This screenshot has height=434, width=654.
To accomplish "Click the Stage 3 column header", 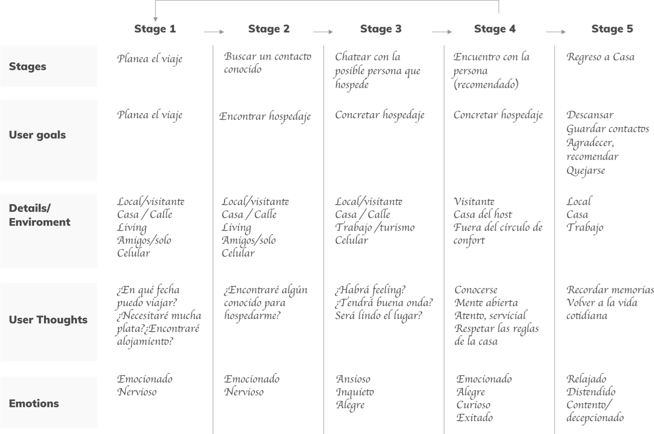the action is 381,29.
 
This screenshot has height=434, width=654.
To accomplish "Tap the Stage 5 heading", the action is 612,29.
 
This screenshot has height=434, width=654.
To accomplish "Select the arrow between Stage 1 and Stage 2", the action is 214,32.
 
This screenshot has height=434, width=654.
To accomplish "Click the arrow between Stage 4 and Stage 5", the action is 556,32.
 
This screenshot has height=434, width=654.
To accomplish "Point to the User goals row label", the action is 38,135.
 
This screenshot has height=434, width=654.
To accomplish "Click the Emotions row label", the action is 34,403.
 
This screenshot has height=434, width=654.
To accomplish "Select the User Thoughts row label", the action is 48,320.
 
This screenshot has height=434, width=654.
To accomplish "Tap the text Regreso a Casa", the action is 601,57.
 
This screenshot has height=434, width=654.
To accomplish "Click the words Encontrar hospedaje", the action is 265,117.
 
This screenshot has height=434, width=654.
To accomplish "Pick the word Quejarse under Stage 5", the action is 586,170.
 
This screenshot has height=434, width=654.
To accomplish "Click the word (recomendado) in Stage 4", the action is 486,85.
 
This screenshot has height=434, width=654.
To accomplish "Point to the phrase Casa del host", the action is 483,214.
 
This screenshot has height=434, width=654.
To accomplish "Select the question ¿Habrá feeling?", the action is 370,290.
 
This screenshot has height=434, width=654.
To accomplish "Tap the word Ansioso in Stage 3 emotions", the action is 353,379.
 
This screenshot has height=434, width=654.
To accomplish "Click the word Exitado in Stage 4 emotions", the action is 474,418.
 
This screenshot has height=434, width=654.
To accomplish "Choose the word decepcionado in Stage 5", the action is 595,418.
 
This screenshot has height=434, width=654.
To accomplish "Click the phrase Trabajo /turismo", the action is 374,228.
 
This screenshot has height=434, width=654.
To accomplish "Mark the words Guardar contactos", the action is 607,129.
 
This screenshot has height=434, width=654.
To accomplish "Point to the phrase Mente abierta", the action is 486,303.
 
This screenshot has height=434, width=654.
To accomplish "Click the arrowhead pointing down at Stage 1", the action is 155,19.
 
